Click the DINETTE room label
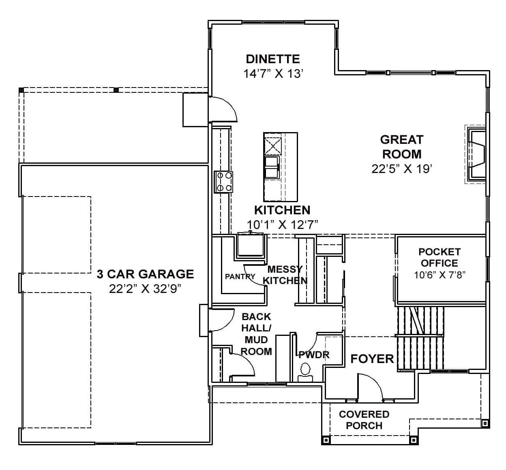click(272, 59)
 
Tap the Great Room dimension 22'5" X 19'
click(401, 169)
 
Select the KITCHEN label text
click(282, 210)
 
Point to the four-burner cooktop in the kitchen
click(223, 182)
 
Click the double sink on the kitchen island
click(272, 167)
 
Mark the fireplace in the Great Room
click(476, 154)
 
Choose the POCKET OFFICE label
click(439, 257)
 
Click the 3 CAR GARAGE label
click(145, 274)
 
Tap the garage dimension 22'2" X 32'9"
click(145, 289)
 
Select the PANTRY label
click(240, 277)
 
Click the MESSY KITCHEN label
click(285, 275)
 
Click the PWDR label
click(314, 355)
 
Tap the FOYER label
click(372, 359)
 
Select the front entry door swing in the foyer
click(370, 387)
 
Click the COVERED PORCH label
click(364, 420)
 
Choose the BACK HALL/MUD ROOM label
click(256, 334)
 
